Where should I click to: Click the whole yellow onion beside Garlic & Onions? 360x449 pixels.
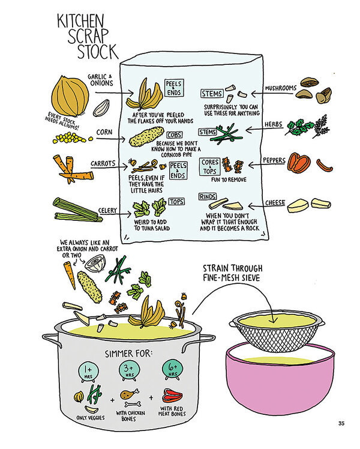click(70, 96)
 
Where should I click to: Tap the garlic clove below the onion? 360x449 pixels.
click(101, 107)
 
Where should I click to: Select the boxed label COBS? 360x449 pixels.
click(174, 135)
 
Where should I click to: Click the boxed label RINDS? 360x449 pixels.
click(208, 197)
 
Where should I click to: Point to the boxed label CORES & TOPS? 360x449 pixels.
click(210, 167)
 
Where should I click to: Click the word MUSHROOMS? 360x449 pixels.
click(281, 88)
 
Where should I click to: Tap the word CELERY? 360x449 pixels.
click(107, 211)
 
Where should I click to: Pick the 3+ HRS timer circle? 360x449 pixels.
click(130, 370)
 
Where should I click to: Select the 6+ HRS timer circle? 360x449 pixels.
click(173, 369)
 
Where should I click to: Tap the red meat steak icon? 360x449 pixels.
click(172, 396)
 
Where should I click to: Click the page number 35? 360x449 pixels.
click(341, 423)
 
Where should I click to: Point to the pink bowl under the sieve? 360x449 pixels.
click(280, 381)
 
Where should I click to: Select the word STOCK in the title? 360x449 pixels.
click(97, 52)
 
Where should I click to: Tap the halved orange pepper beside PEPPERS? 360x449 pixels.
click(299, 163)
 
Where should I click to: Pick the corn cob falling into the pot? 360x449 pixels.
click(89, 287)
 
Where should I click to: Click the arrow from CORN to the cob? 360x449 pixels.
click(111, 139)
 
